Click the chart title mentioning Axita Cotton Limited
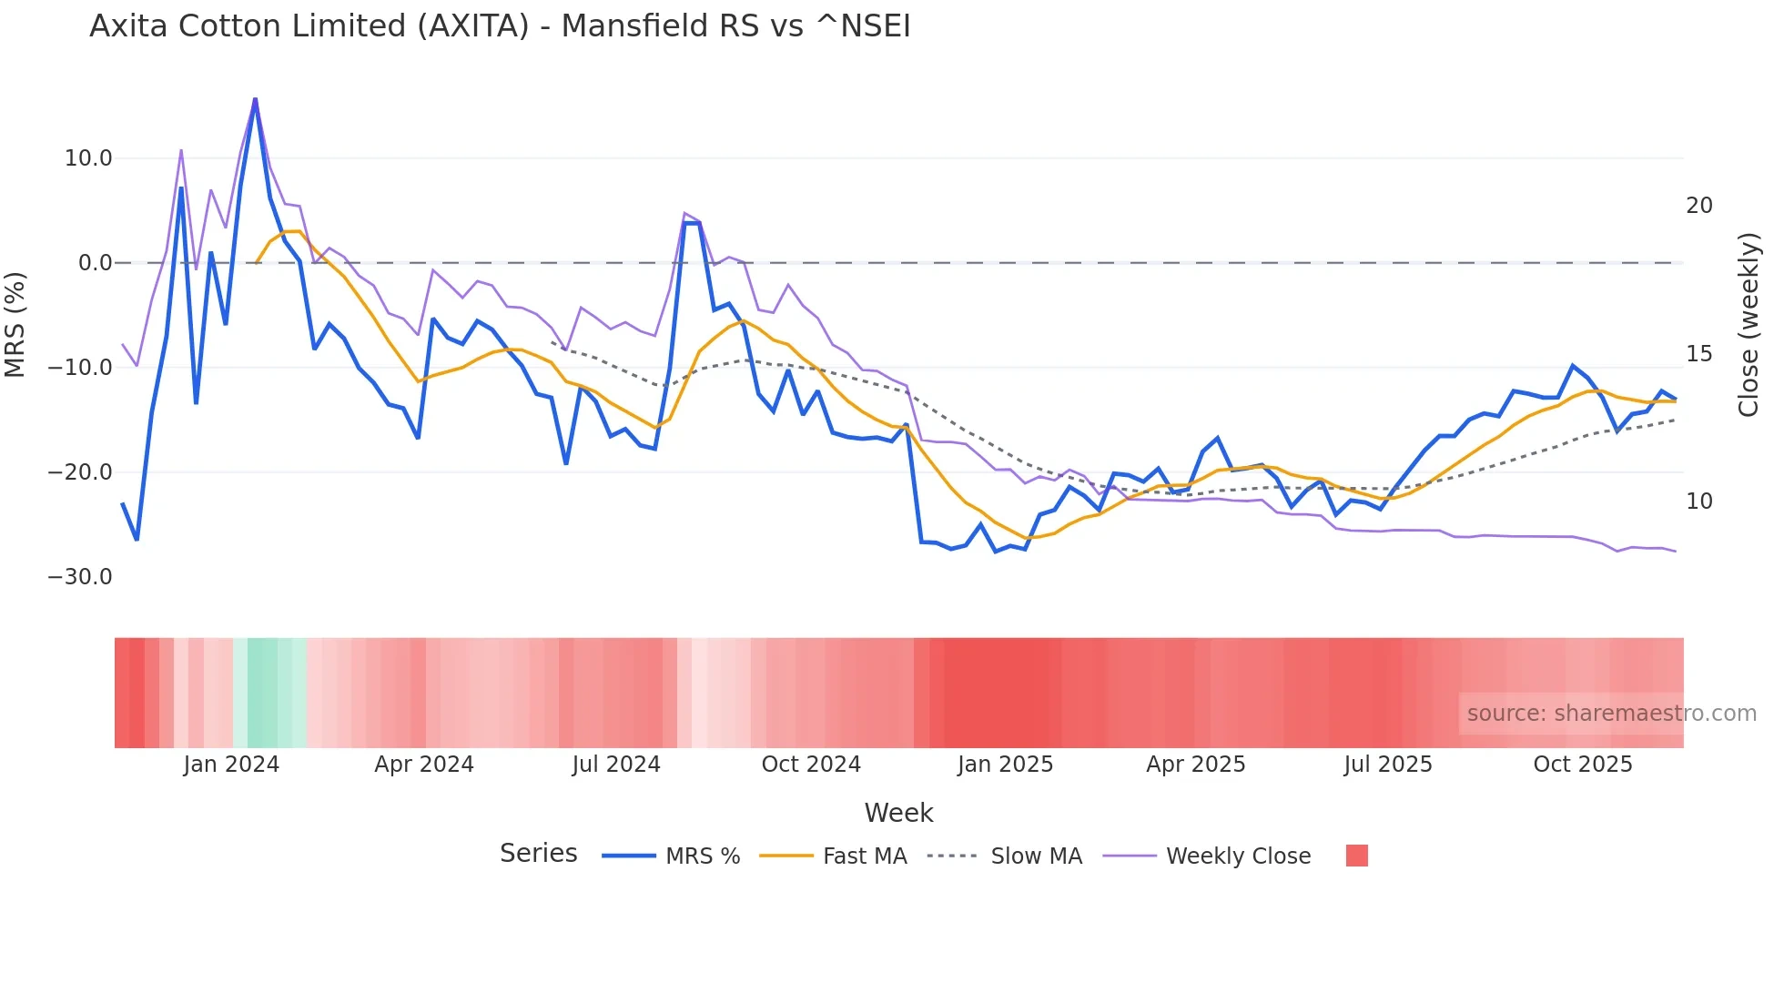pos(500,26)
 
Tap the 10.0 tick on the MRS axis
pos(88,158)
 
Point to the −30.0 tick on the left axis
pos(80,577)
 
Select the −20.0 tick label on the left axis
pos(80,472)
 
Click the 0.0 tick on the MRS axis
pos(95,263)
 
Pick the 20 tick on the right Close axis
pos(1698,206)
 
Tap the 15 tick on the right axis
pos(1698,354)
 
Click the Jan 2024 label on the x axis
pos(231,765)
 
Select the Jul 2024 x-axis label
pos(616,765)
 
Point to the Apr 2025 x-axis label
pos(1195,765)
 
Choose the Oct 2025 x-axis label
pos(1583,765)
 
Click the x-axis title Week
pos(898,813)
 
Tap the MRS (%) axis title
pos(15,324)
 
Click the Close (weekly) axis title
pos(1748,324)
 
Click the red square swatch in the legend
pos(1356,856)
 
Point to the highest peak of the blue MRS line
pos(255,98)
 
